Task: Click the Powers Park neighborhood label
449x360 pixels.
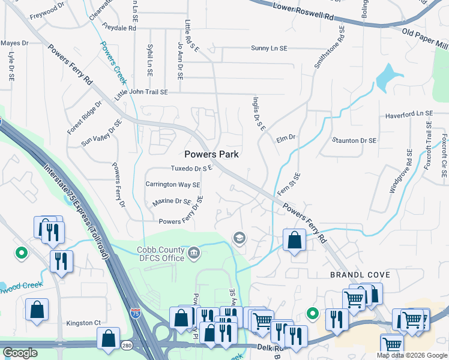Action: point(211,154)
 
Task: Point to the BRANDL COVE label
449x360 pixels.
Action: point(360,275)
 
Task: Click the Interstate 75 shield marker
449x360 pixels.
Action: point(136,313)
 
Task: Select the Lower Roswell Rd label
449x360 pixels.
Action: point(303,13)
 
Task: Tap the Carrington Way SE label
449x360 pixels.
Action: point(173,185)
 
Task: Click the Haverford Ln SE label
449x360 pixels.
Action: point(409,113)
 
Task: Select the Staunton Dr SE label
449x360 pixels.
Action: point(354,140)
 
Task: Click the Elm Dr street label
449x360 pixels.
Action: point(286,138)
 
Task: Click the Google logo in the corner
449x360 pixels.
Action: point(20,353)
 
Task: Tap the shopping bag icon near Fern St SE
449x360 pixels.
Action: point(294,240)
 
